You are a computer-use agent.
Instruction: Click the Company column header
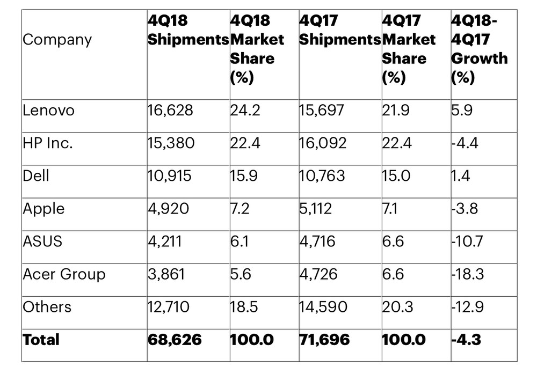pos(57,40)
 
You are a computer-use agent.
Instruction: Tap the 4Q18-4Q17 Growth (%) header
pos(479,49)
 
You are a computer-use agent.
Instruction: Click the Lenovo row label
pos(48,111)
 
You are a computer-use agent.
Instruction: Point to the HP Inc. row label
pos(48,143)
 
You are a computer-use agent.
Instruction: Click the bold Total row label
pos(41,339)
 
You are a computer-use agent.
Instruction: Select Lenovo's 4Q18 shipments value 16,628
pos(170,111)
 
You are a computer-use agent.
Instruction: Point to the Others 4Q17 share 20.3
pos(399,307)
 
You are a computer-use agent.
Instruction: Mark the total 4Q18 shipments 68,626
pos(175,339)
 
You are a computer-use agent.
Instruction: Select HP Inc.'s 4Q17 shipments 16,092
pos(323,143)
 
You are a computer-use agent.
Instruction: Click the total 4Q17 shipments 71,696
pos(325,339)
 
